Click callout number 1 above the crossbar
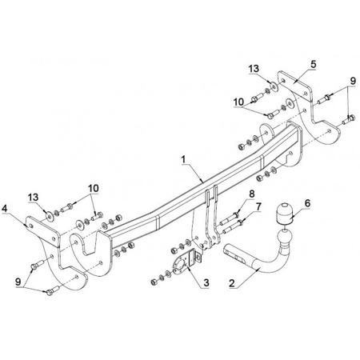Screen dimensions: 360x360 coord(183,160)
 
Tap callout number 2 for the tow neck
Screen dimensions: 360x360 coord(232,283)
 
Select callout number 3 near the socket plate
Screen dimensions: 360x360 coord(206,282)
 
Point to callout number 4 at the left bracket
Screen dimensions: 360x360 coord(4,209)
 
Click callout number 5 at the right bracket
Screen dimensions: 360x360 coord(313,64)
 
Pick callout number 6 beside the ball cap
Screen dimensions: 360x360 coord(307,203)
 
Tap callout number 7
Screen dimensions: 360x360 coord(258,206)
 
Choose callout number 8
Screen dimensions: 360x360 coord(252,194)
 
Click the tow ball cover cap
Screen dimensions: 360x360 coord(284,214)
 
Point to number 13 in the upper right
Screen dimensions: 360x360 coord(254,69)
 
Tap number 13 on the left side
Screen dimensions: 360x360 coord(34,198)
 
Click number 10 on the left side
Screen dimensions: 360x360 coord(94,188)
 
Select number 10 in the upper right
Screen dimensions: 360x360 coord(238,102)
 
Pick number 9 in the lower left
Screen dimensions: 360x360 coord(18,282)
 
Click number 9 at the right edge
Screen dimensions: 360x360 coord(353,81)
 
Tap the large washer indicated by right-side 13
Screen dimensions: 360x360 coord(274,87)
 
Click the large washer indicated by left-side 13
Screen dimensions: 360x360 coord(50,217)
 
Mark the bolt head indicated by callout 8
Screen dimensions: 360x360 coord(236,215)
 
